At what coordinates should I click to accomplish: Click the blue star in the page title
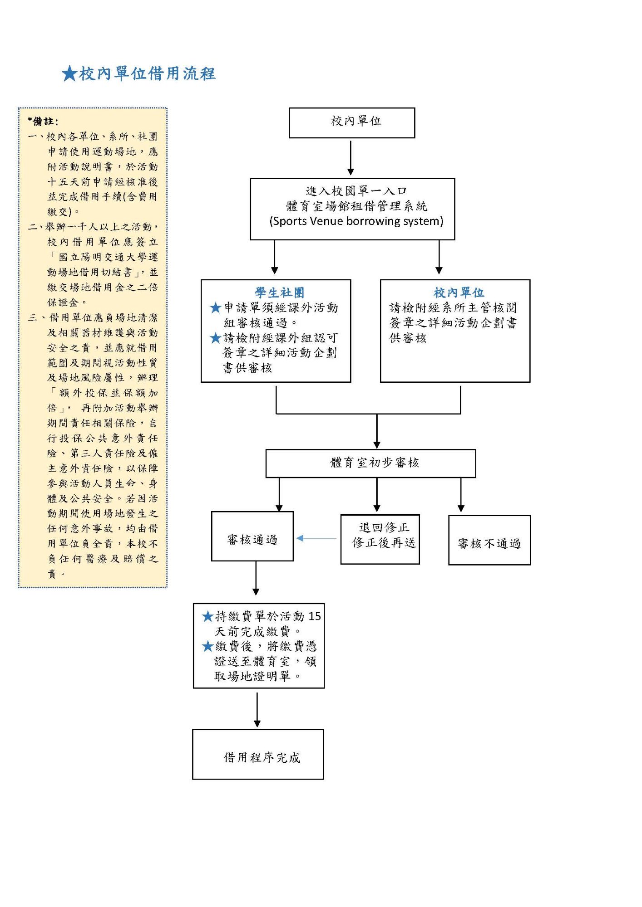[x=69, y=73]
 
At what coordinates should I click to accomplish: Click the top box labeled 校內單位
[x=352, y=122]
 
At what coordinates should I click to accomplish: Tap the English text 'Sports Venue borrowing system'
[x=356, y=221]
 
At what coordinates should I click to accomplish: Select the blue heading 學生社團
[x=279, y=293]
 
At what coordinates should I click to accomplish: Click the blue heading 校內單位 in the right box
[x=459, y=293]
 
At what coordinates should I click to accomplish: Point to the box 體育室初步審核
[x=370, y=463]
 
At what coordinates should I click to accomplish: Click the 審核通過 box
[x=252, y=536]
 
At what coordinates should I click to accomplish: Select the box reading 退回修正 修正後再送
[x=380, y=539]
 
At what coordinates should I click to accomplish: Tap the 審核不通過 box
[x=489, y=541]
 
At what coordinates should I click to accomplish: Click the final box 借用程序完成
[x=258, y=754]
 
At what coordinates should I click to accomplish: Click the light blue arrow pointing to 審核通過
[x=316, y=538]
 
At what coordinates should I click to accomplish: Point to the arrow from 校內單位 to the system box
[x=351, y=158]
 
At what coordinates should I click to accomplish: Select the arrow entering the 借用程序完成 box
[x=257, y=709]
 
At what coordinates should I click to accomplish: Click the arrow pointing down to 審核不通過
[x=461, y=495]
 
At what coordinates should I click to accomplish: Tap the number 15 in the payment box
[x=315, y=616]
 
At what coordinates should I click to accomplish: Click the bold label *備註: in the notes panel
[x=43, y=122]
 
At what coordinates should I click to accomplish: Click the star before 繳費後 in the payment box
[x=208, y=646]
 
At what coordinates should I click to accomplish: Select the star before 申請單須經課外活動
[x=216, y=308]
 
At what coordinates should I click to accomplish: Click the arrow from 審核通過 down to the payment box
[x=256, y=578]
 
